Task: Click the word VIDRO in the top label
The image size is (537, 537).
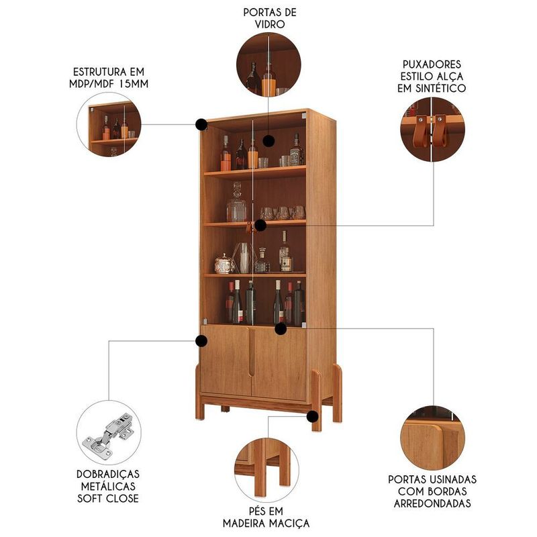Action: pyautogui.click(x=270, y=24)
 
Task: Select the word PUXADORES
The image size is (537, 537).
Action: pyautogui.click(x=432, y=64)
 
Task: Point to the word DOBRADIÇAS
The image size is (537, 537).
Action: pyautogui.click(x=108, y=475)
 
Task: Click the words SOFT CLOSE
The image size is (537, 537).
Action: pyautogui.click(x=108, y=498)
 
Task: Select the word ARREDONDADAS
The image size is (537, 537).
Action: pyautogui.click(x=432, y=503)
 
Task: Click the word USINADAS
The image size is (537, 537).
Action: pyautogui.click(x=452, y=479)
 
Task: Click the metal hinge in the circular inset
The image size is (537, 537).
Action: pyautogui.click(x=108, y=435)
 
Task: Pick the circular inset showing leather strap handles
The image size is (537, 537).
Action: pyautogui.click(x=432, y=130)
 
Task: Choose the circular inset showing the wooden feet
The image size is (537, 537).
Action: pyautogui.click(x=266, y=470)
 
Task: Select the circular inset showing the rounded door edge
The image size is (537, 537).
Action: pyautogui.click(x=432, y=439)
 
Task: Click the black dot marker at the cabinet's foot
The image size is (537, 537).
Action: pyautogui.click(x=312, y=417)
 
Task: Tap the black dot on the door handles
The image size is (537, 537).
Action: pyautogui.click(x=260, y=225)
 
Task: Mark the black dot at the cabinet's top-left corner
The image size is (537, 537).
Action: pyautogui.click(x=201, y=124)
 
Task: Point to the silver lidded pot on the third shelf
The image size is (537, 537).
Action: pyautogui.click(x=225, y=264)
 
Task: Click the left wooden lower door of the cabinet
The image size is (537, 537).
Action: pyautogui.click(x=226, y=360)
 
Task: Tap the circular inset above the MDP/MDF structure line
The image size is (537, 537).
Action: pyautogui.click(x=109, y=124)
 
